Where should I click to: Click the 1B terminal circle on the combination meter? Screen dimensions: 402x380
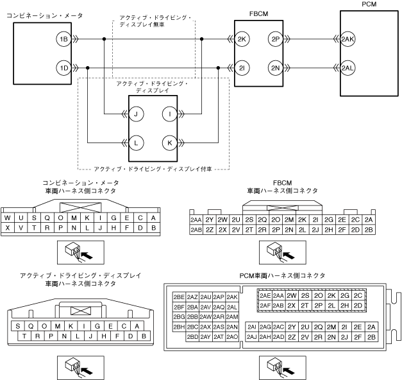coord(63,39)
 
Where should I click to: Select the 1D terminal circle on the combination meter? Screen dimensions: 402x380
coord(63,68)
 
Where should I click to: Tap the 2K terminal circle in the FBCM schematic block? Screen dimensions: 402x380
coord(242,39)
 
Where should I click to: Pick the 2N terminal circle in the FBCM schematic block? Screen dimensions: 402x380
coord(276,68)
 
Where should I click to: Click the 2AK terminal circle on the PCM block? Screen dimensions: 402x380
coord(348,39)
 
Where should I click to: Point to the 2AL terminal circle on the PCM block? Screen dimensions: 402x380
coord(348,68)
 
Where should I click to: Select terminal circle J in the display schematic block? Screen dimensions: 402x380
coord(136,114)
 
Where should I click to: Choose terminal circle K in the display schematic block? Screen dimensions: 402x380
coord(170,143)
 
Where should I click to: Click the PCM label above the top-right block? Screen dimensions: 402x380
coord(369,4)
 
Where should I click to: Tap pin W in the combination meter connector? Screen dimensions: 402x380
coord(8,218)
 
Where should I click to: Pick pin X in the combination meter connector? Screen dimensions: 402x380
coord(8,228)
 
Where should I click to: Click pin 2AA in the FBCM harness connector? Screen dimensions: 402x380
coord(196,220)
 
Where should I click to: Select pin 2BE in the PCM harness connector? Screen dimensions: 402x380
coord(179,297)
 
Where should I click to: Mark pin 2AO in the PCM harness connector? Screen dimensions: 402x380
coord(232,336)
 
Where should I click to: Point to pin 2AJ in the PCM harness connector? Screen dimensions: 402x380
coord(252,337)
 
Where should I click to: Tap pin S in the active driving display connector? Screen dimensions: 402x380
coord(18,326)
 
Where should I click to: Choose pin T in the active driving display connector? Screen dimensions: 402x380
coord(24,336)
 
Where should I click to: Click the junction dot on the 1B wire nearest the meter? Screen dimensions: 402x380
coord(104,39)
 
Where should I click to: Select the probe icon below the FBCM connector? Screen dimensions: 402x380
coord(283,252)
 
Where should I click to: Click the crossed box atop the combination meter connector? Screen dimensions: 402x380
coord(81,207)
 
